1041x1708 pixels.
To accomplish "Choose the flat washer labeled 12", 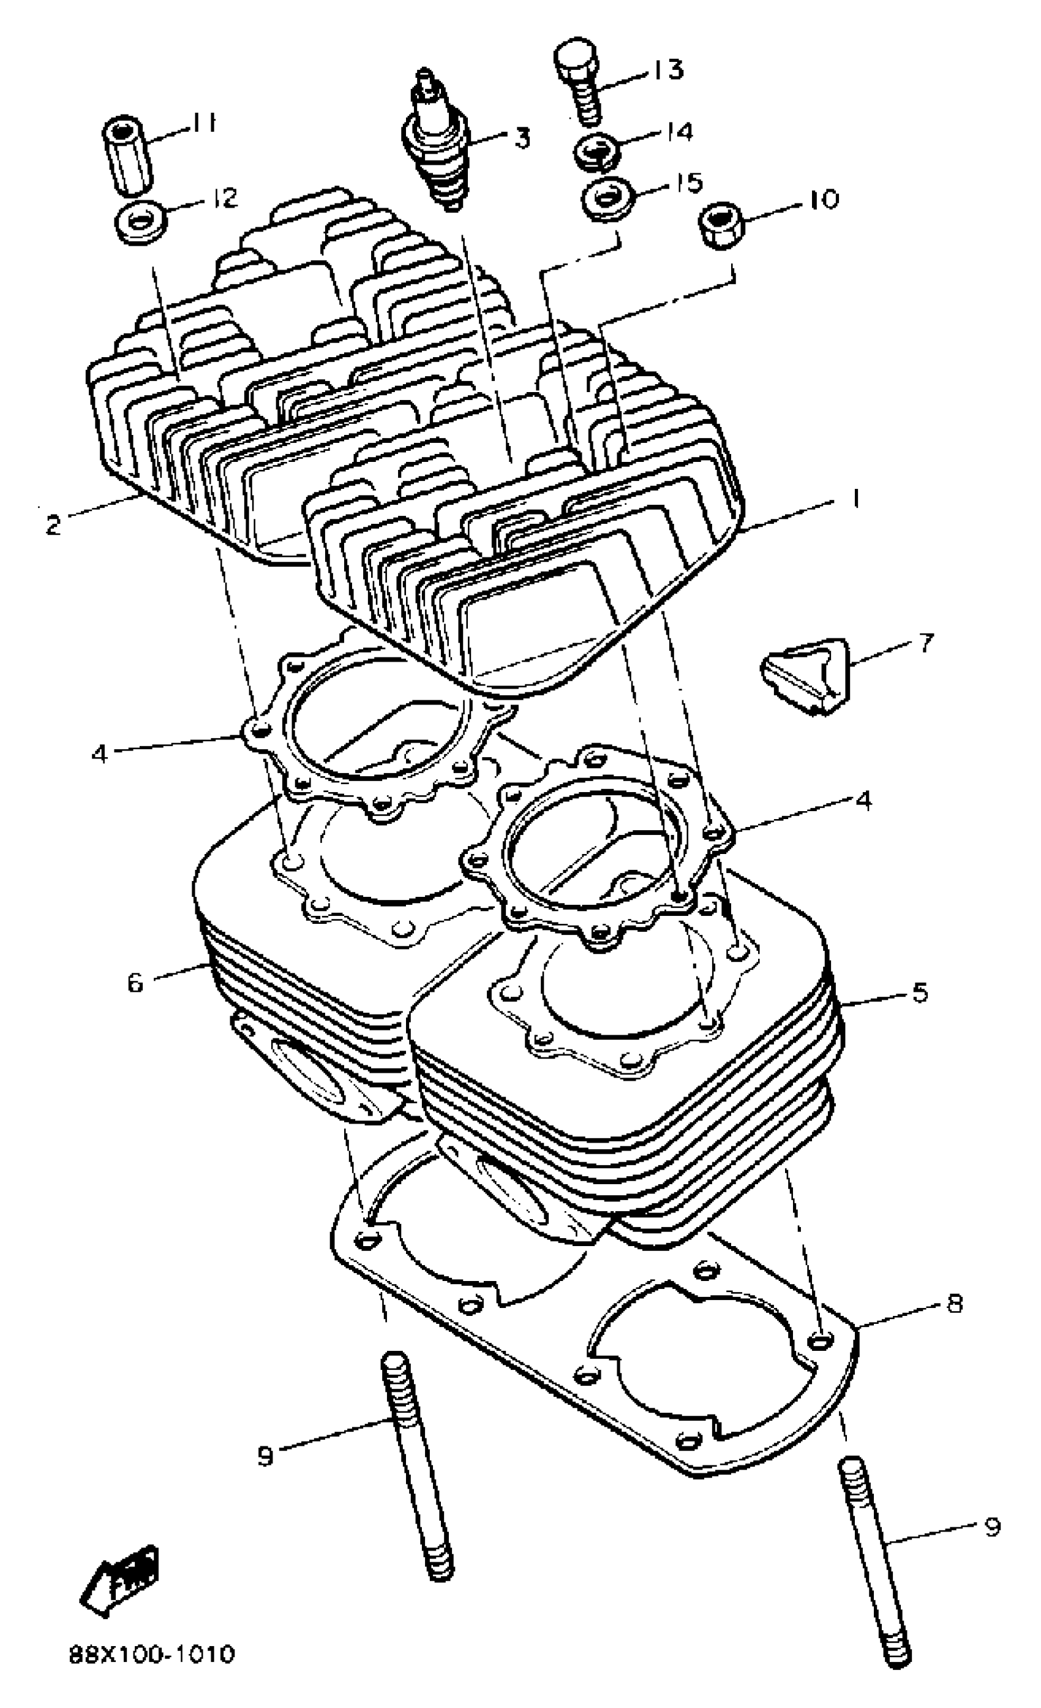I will [141, 223].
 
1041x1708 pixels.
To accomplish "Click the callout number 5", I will [919, 992].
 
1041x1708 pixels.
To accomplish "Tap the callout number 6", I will [135, 981].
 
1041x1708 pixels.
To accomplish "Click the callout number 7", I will [926, 642].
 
